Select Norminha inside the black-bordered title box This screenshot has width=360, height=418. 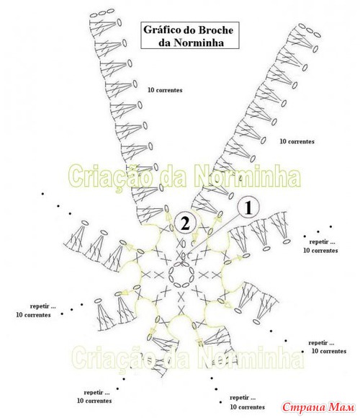(199, 43)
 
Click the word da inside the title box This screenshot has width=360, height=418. (165, 43)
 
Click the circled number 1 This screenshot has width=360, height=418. (248, 208)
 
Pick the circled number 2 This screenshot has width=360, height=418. (185, 223)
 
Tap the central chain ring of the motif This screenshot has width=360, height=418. (181, 275)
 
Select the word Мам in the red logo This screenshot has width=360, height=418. (341, 407)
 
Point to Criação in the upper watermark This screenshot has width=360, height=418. (111, 177)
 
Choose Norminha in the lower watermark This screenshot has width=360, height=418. (251, 357)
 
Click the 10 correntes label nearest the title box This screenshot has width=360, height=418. (165, 90)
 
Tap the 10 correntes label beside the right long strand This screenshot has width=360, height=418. (297, 141)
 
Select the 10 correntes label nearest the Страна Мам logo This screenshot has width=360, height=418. (329, 351)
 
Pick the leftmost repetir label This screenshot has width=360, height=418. (43, 306)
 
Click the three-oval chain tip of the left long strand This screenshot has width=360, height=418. (102, 13)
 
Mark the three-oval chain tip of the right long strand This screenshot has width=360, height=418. (310, 30)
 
